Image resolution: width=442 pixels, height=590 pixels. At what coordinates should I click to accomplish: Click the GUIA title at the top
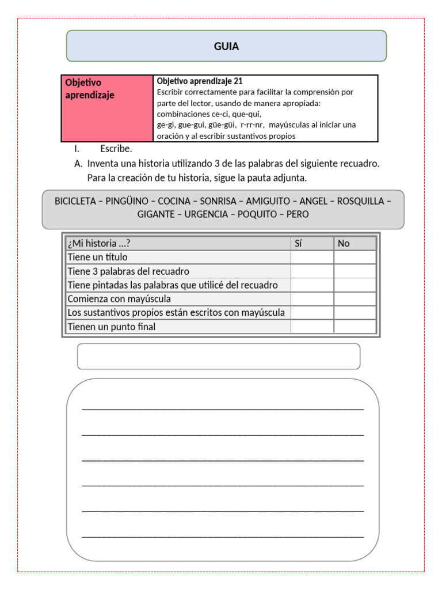[226, 46]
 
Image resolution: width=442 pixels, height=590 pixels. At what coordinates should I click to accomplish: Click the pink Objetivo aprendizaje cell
[106, 108]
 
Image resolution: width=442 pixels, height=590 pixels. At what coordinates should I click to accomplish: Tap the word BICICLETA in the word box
[75, 201]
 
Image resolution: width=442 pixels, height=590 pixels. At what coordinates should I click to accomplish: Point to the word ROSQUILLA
[360, 201]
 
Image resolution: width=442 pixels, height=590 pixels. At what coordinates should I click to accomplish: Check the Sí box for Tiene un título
[311, 257]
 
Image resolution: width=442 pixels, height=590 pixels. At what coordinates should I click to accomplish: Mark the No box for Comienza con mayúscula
[355, 298]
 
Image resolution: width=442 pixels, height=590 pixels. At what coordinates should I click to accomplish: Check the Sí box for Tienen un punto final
[311, 327]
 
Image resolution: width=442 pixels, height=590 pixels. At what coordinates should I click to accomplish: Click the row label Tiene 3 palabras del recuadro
[128, 271]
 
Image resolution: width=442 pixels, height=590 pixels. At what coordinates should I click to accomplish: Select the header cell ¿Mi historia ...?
[103, 243]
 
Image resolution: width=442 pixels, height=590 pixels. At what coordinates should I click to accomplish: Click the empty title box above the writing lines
[219, 356]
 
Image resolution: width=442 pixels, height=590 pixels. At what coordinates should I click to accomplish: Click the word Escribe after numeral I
[116, 149]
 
